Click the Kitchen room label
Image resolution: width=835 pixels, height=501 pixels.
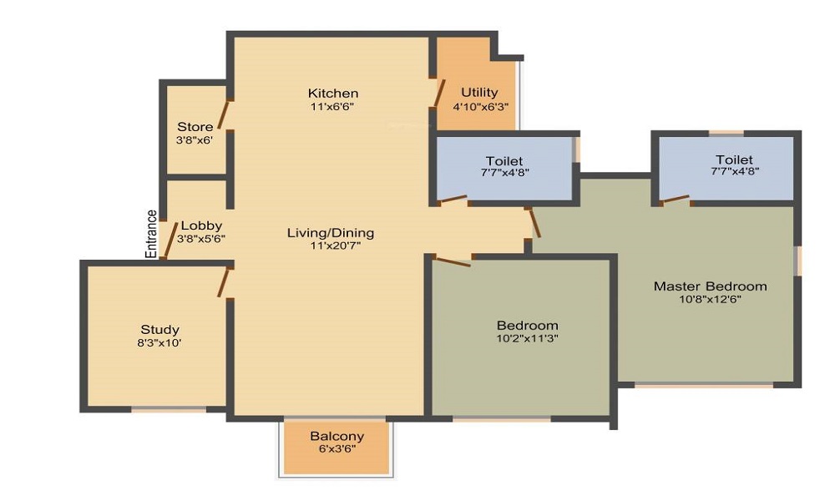[332, 93]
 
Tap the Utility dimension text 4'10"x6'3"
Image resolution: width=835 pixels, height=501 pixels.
[480, 107]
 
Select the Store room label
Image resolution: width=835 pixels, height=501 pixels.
[195, 127]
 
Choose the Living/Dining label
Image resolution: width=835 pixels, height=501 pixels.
[331, 232]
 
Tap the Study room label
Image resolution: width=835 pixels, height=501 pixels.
[159, 329]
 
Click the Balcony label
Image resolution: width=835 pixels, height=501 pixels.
[337, 436]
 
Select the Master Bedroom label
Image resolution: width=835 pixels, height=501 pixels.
[710, 286]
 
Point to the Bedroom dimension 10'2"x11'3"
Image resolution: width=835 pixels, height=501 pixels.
[527, 338]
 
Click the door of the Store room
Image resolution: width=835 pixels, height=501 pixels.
[224, 114]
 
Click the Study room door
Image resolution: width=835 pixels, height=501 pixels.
[224, 281]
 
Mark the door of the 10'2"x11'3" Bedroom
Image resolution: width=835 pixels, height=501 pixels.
[452, 261]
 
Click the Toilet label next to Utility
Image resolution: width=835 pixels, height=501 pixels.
[504, 160]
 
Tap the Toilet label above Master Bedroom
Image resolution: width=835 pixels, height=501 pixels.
[733, 159]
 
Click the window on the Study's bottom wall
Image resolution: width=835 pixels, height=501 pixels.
[169, 409]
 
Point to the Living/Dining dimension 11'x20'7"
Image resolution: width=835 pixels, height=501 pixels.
[331, 246]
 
